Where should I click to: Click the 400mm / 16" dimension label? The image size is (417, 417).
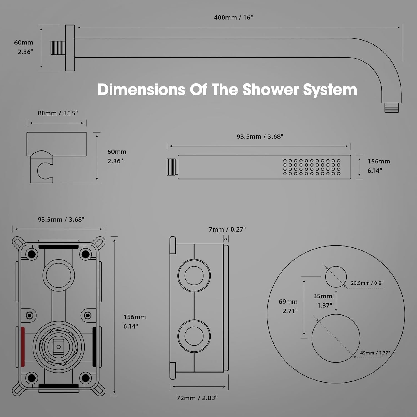[233, 18]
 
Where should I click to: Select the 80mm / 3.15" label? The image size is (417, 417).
[58, 113]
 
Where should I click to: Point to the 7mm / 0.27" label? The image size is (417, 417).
[227, 229]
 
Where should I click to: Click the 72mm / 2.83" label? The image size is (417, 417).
[197, 398]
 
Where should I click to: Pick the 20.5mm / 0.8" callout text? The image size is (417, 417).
[367, 283]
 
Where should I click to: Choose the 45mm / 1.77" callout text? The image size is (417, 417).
[375, 353]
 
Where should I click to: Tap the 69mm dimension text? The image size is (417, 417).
[288, 302]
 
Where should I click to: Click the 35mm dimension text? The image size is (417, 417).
[323, 296]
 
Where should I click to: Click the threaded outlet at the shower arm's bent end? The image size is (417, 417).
[391, 108]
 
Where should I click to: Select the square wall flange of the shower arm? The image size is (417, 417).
[70, 48]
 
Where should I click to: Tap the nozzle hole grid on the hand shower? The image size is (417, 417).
[312, 167]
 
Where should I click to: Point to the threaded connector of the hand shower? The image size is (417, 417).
[172, 167]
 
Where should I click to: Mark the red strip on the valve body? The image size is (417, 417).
[23, 346]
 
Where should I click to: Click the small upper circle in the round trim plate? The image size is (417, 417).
[336, 277]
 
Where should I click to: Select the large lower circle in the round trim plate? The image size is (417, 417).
[336, 338]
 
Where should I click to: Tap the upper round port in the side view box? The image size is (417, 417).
[194, 275]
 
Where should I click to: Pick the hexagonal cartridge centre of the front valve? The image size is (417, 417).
[58, 347]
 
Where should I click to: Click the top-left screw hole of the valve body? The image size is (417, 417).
[31, 254]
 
